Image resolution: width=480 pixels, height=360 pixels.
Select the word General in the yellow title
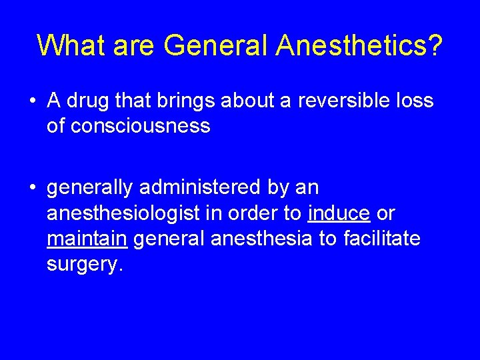click(216, 45)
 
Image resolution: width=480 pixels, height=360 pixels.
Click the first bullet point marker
click(33, 101)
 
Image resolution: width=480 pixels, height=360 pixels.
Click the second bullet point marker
click(33, 189)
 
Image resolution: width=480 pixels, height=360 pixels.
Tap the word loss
click(413, 101)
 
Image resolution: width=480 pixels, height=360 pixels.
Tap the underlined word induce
click(339, 213)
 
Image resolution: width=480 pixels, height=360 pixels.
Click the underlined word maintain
click(87, 239)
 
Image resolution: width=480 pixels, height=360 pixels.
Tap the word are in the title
click(133, 45)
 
